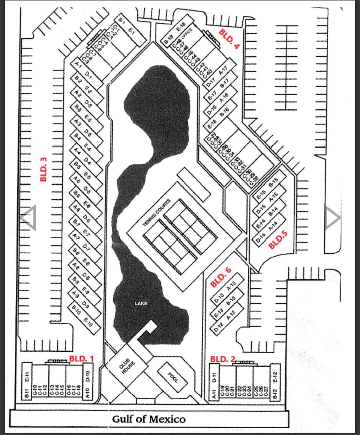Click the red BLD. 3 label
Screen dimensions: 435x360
[x=43, y=169]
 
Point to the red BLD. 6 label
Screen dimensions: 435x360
[x=221, y=277]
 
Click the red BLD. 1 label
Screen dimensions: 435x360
[x=81, y=358]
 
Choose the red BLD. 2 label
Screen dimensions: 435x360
[x=222, y=359]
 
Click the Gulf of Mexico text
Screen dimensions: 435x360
[x=149, y=419]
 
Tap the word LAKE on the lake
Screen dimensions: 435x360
[x=141, y=303]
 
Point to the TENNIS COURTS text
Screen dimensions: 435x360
[x=157, y=213]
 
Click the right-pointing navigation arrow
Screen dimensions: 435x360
[x=332, y=218]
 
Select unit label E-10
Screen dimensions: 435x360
[x=88, y=322]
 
